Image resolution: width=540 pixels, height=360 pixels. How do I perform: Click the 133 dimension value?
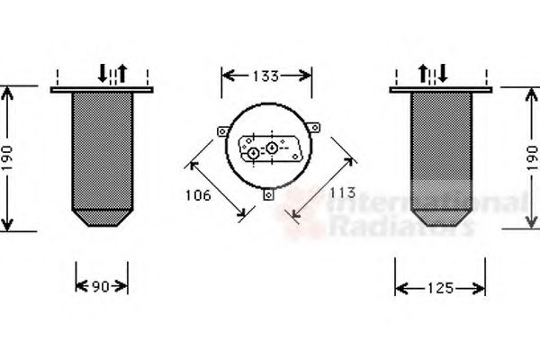pyautogui.click(x=265, y=76)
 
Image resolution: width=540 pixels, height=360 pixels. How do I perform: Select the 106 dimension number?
pyautogui.click(x=198, y=195)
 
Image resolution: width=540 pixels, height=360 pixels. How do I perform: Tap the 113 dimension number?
pyautogui.click(x=342, y=193)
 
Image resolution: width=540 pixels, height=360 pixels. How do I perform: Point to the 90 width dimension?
pyautogui.click(x=101, y=286)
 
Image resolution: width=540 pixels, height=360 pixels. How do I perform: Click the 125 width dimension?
pyautogui.click(x=440, y=288)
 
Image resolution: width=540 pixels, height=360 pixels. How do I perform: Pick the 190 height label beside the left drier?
pyautogui.click(x=7, y=158)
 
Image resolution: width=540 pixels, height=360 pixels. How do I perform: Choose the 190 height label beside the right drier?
pyautogui.click(x=532, y=158)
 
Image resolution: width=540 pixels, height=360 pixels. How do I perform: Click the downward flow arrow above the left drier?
pyautogui.click(x=103, y=73)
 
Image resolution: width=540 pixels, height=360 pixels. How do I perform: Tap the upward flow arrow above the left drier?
pyautogui.click(x=122, y=74)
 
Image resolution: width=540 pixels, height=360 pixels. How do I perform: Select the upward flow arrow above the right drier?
pyautogui.click(x=423, y=74)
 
